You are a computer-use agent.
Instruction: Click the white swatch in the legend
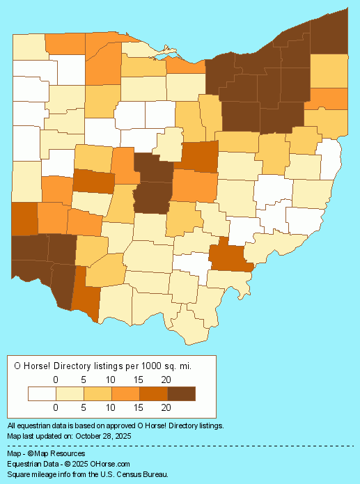pos(42,393)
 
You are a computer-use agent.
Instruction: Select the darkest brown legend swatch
pos(181,393)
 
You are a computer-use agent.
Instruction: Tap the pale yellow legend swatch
pos(70,393)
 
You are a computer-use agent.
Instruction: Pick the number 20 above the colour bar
pos(166,380)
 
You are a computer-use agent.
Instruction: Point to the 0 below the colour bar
pos(56,407)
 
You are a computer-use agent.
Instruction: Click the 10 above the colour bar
pos(111,380)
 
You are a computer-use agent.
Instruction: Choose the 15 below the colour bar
pos(138,407)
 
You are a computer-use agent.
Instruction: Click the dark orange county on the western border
pos(24,218)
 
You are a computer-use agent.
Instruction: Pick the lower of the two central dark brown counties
pos(152,197)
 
